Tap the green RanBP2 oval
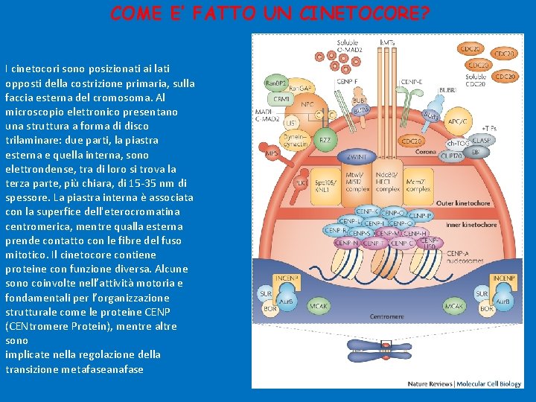[276, 83]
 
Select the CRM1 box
[281, 98]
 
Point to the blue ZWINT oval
[357, 157]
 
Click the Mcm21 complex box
[418, 185]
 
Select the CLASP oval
[481, 140]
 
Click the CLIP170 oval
[451, 156]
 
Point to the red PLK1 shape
[301, 182]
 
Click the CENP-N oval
[346, 243]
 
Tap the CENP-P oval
[420, 216]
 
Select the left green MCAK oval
[319, 305]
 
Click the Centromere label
[387, 316]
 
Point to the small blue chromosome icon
[386, 346]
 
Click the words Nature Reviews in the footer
[430, 384]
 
